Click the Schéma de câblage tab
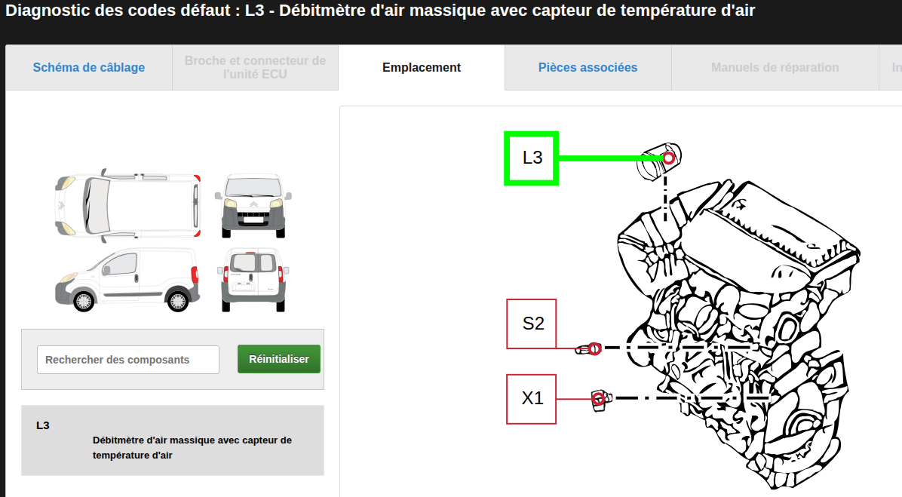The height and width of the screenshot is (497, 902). click(88, 67)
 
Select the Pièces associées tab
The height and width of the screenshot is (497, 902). click(588, 67)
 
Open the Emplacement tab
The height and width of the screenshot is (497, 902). click(422, 67)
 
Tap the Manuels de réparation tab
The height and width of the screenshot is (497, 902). click(775, 67)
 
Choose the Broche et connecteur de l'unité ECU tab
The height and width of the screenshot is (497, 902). click(255, 67)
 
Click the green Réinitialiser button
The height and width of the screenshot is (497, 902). click(279, 359)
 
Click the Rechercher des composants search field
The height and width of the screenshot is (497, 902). click(127, 360)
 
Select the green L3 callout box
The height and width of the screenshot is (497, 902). click(532, 158)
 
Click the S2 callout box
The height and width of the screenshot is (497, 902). click(532, 324)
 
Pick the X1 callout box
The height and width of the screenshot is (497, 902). click(532, 399)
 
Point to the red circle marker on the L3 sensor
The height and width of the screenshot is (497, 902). click(668, 158)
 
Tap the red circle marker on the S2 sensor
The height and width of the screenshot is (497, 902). click(595, 348)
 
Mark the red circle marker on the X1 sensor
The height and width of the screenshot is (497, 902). click(598, 399)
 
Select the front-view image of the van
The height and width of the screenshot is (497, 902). click(253, 205)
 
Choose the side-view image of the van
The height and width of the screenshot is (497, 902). click(127, 280)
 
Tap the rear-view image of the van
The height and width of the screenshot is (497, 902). click(253, 280)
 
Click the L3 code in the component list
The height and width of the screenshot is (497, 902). click(42, 425)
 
